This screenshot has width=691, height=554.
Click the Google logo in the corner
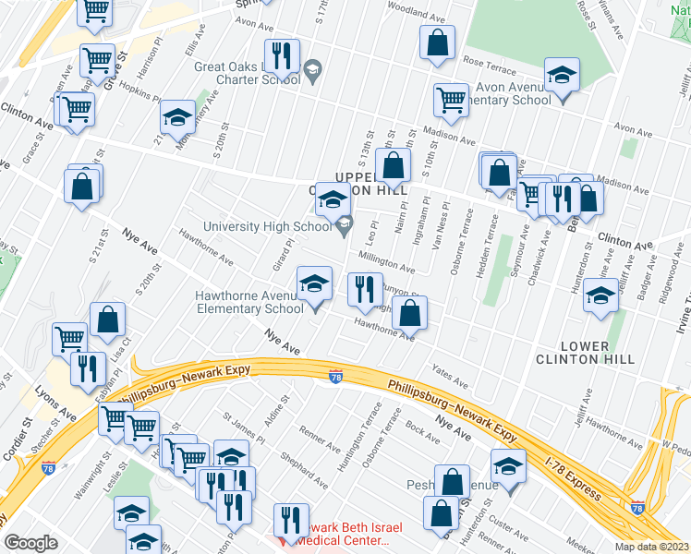tap(30, 543)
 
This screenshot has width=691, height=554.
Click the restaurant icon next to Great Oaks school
tap(282, 57)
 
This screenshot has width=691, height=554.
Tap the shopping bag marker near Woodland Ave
tap(437, 42)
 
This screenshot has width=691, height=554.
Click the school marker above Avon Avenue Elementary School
tap(561, 77)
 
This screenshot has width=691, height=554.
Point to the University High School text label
tap(268, 225)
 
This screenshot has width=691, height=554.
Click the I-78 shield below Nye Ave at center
tap(335, 376)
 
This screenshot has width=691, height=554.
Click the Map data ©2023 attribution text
tap(651, 546)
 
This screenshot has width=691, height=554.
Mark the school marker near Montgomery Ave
tap(177, 117)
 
